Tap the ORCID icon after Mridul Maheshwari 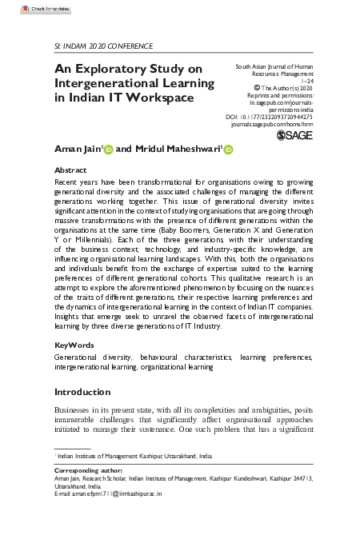[227, 150]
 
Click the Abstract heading [70, 170]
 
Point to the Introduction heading [82, 392]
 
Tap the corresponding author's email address [117, 494]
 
